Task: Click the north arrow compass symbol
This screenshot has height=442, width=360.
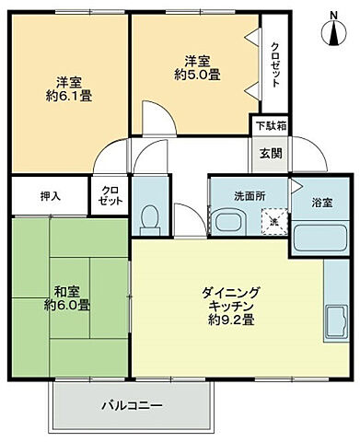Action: coord(332,27)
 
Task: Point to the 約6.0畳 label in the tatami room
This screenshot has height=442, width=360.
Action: coord(70,304)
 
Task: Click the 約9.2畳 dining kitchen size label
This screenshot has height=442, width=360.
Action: coord(231,323)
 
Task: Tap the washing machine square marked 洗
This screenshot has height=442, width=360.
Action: coord(273,222)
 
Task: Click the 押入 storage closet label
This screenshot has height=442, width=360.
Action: coord(51,196)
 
